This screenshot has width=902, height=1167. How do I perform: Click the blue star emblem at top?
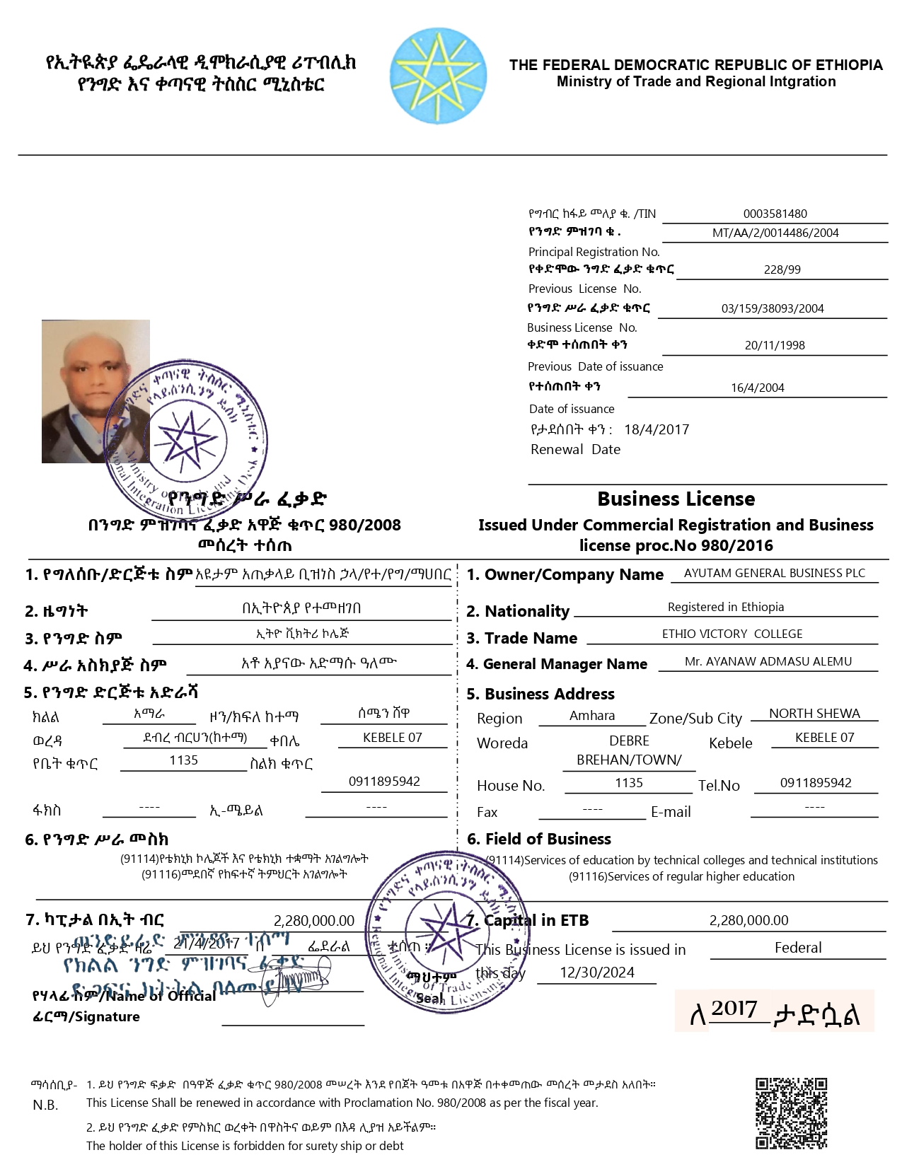[x=439, y=76]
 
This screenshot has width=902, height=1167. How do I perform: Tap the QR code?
[x=791, y=1113]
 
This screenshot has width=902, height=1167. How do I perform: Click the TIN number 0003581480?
[x=775, y=214]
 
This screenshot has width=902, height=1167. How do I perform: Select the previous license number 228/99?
[x=782, y=269]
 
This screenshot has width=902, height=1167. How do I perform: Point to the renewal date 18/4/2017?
[x=657, y=429]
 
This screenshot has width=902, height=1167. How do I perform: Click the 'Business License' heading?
[x=676, y=499]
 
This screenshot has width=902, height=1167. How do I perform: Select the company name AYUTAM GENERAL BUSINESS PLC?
[x=774, y=573]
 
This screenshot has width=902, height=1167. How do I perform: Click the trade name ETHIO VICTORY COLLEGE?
[x=732, y=634]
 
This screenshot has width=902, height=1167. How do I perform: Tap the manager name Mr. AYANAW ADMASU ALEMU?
[x=768, y=661]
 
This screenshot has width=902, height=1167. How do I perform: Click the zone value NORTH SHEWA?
[x=814, y=713]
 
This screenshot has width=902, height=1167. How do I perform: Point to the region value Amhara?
[x=592, y=715]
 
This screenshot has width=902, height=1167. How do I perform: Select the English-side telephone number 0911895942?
[x=816, y=783]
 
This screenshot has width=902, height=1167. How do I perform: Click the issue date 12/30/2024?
[x=597, y=972]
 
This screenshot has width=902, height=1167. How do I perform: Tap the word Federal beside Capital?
[x=798, y=948]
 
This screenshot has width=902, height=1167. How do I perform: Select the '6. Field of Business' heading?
[x=539, y=839]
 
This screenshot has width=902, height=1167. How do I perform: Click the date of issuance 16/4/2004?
[x=757, y=388]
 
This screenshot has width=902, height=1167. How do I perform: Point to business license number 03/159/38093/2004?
[x=773, y=308]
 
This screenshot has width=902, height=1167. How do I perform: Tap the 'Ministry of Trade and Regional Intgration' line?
[x=696, y=81]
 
